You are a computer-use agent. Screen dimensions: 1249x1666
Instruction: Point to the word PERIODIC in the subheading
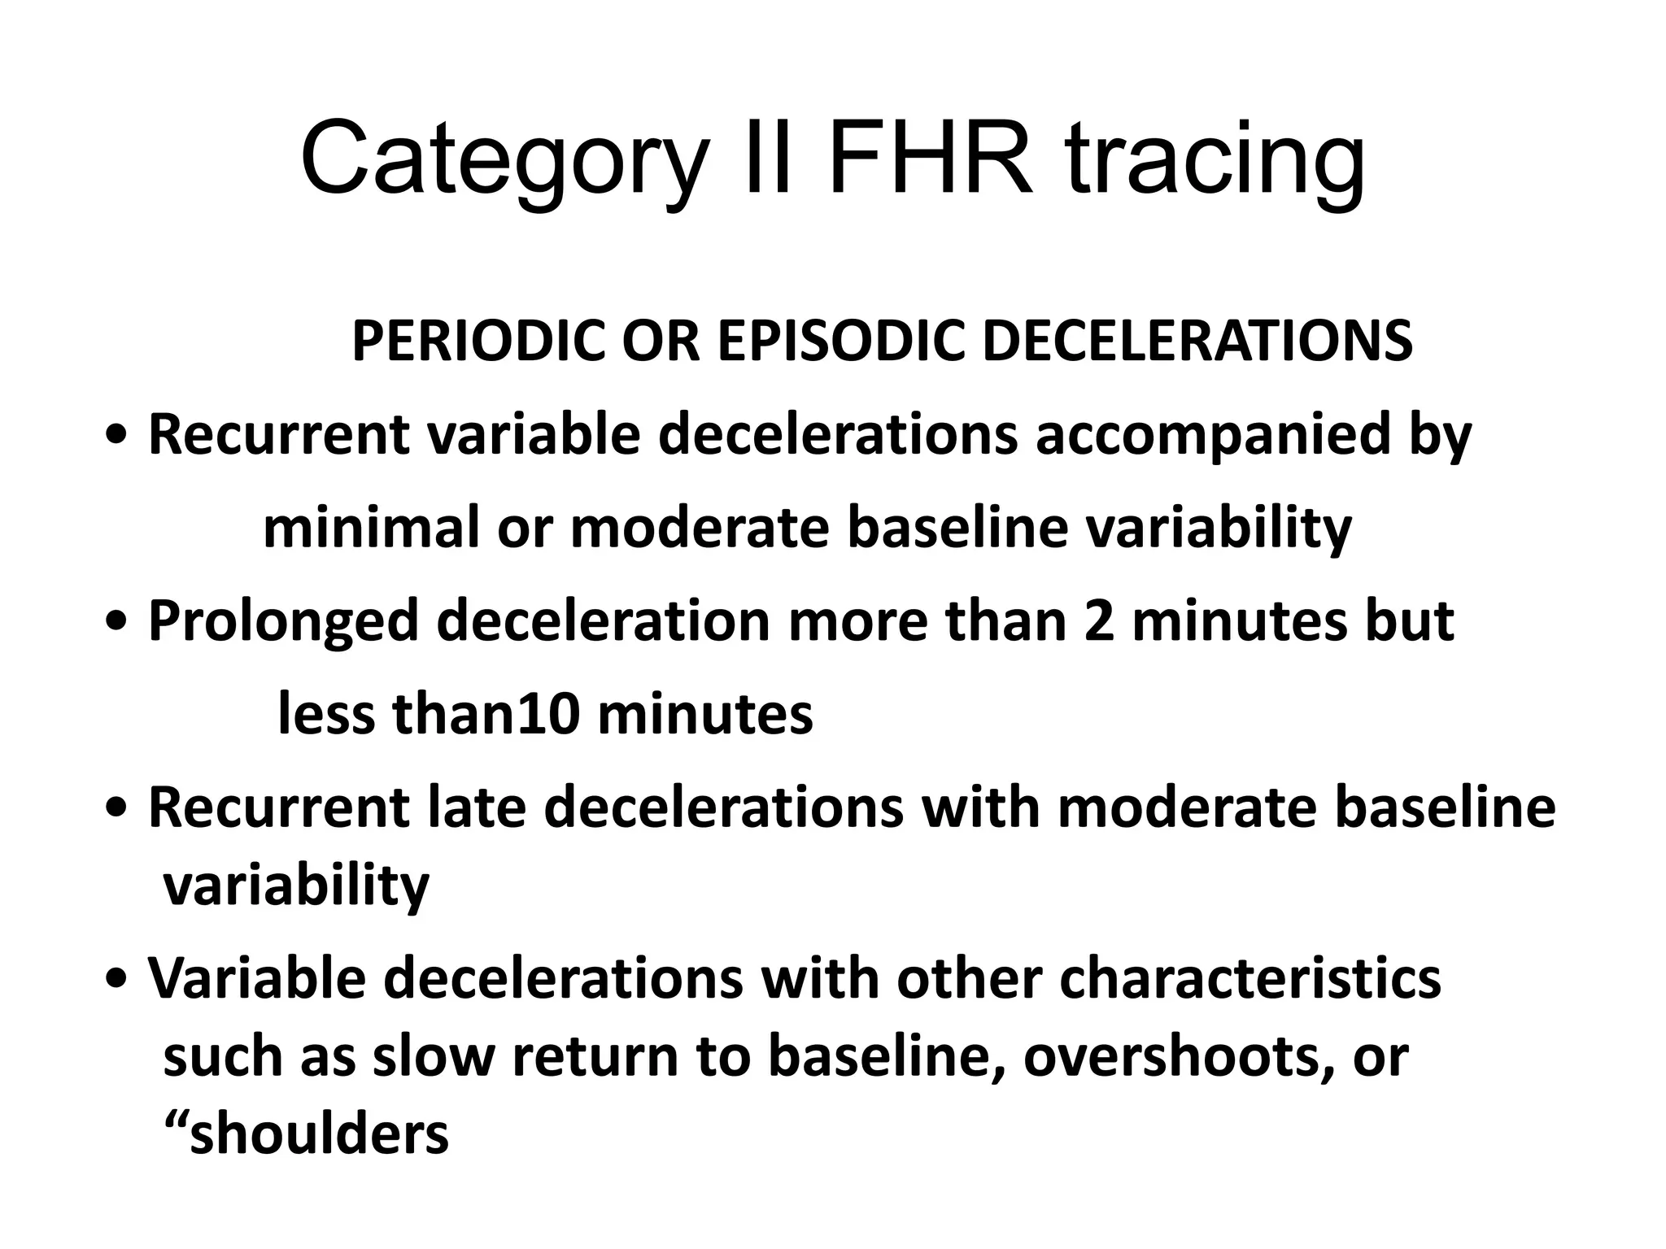[x=479, y=342]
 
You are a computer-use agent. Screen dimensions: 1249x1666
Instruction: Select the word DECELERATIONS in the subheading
[x=1196, y=342]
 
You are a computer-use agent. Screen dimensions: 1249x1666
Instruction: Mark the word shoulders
[x=318, y=1135]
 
